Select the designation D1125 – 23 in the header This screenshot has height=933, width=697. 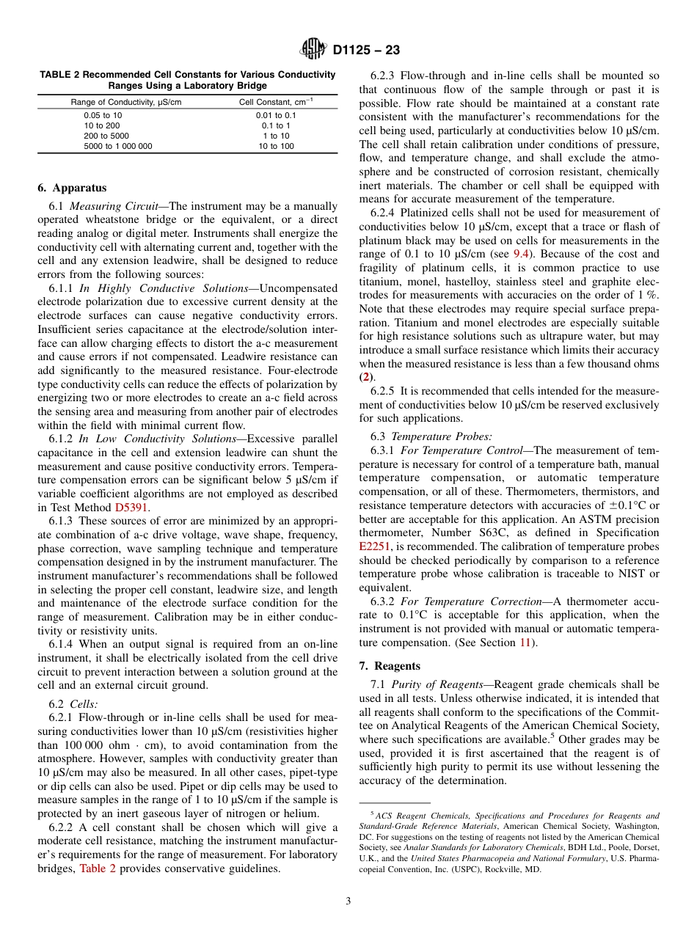(x=366, y=51)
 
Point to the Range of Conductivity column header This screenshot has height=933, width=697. (x=125, y=102)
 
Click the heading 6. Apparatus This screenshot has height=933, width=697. (x=72, y=188)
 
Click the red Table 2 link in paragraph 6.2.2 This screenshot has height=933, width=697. (x=98, y=868)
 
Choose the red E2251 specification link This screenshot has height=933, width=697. (x=375, y=546)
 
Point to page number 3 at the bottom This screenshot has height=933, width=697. (x=348, y=901)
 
